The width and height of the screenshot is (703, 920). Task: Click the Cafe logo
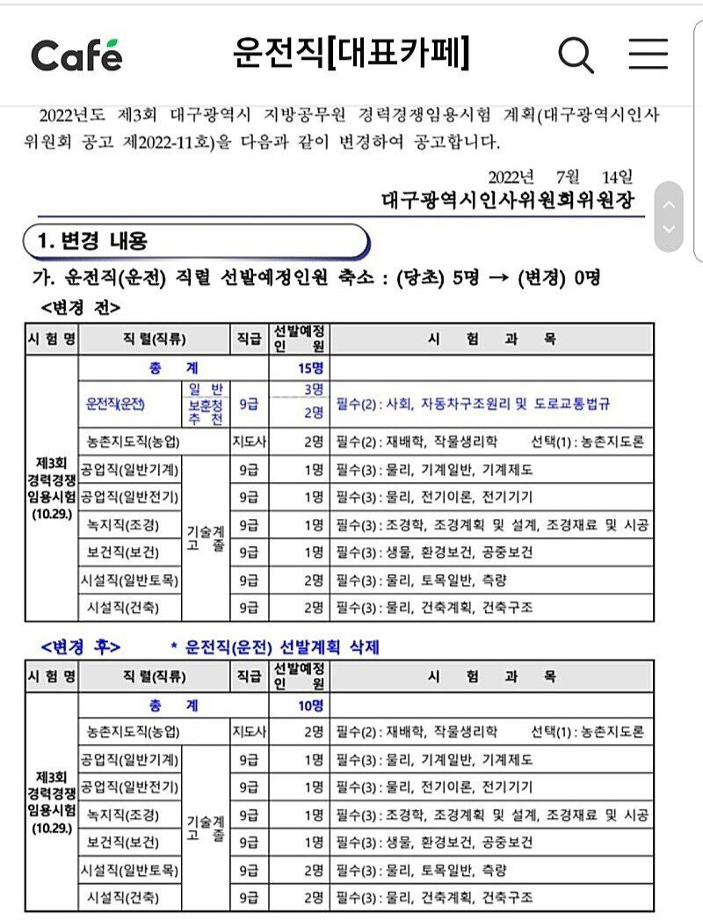pos(76,55)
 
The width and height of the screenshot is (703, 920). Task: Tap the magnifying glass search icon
pos(576,55)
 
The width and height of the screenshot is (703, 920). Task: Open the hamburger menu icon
pos(648,55)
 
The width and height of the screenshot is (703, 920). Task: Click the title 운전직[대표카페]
pos(351,53)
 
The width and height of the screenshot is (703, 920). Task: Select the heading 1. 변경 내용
pos(93,240)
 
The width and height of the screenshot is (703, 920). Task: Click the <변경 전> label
pos(81,307)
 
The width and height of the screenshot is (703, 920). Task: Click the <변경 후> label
pos(81,647)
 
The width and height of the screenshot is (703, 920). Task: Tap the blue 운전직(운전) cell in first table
pos(115,405)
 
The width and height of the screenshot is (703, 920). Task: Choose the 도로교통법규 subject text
pos(570,405)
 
